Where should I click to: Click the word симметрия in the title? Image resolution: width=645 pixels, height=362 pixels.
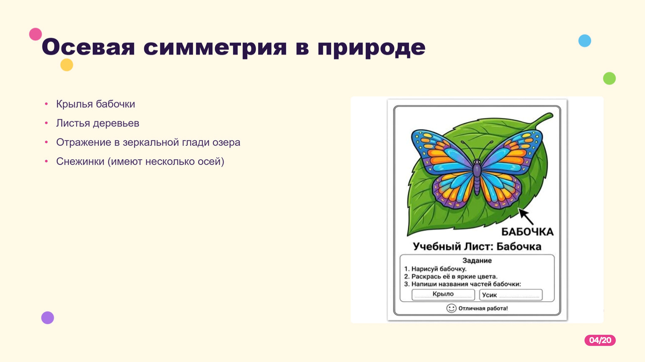click(215, 47)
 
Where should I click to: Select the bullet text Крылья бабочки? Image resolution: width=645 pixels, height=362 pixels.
click(95, 104)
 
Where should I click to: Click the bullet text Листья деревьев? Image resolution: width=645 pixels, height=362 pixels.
click(98, 123)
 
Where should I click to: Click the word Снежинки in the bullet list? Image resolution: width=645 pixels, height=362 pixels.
click(80, 161)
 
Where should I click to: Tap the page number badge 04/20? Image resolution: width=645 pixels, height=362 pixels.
click(600, 340)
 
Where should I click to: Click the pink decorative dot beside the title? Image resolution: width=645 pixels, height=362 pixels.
click(36, 34)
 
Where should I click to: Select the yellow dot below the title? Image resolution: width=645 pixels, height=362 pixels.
click(67, 65)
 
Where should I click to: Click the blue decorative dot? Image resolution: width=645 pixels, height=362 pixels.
click(585, 41)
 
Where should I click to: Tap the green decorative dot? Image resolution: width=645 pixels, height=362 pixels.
click(609, 78)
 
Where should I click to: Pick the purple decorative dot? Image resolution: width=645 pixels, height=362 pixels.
click(47, 318)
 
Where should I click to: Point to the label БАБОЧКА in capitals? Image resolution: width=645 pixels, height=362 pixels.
click(527, 232)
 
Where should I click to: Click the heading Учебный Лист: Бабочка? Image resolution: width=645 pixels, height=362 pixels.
click(477, 246)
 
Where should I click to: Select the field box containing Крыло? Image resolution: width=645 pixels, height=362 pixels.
click(443, 295)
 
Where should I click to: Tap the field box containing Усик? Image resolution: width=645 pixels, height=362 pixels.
click(511, 295)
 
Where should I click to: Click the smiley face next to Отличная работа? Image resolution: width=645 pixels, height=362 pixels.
click(451, 308)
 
